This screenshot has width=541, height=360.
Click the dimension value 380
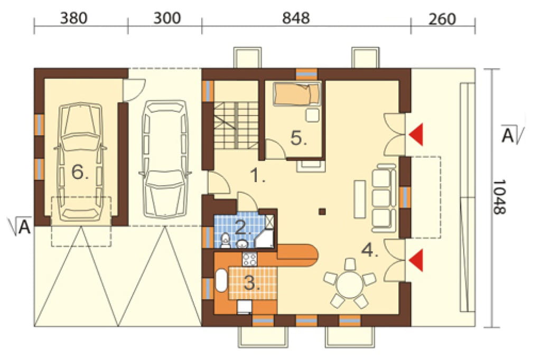point(73,18)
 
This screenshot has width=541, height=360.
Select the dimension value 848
point(296,18)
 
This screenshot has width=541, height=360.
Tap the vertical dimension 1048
point(499,197)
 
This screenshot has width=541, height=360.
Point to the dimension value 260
point(442,19)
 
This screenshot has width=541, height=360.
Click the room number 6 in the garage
point(80,172)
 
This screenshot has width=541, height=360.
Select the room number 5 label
point(299,138)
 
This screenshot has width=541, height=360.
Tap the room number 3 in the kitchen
point(252,283)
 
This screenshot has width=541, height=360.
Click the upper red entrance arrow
point(416,134)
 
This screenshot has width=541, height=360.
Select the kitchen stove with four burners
point(250,259)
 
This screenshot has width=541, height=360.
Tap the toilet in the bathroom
point(225,240)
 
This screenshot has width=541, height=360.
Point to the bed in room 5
point(297,94)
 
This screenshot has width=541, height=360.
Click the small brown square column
point(322,211)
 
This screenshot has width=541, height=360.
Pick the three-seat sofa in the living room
point(384,197)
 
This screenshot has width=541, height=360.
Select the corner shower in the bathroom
point(265,232)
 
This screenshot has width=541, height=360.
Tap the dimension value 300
point(167,18)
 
